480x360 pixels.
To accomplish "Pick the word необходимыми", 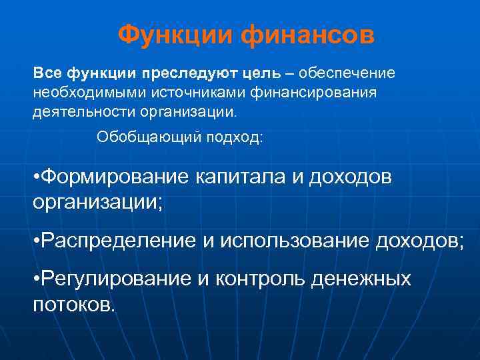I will tap(84, 92).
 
